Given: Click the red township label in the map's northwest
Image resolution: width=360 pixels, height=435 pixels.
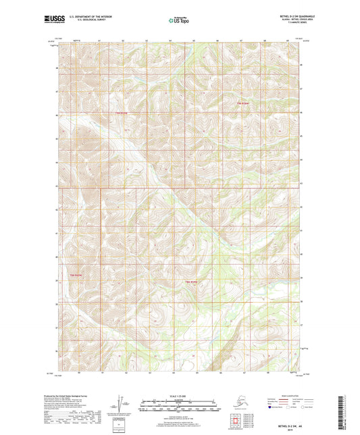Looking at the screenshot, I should pos(122,113).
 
